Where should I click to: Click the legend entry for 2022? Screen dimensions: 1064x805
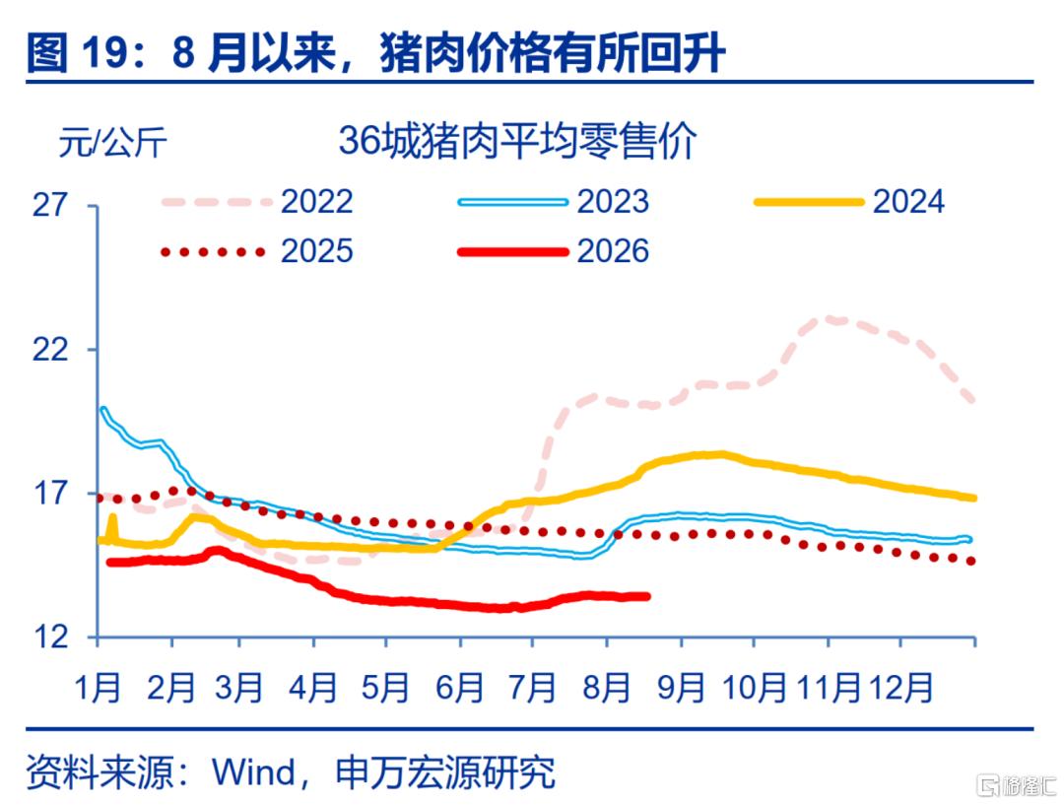[257, 202]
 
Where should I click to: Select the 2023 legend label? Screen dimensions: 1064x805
[554, 202]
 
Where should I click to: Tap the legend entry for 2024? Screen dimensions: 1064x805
[849, 202]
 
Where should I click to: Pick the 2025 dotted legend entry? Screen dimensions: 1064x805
[257, 252]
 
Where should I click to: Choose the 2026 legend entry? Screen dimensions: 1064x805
[554, 252]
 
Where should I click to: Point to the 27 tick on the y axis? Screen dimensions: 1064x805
[50, 204]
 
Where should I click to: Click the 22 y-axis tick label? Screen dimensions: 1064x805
[50, 350]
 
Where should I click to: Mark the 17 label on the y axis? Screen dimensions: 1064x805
[50, 494]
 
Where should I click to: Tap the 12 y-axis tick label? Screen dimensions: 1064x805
[50, 637]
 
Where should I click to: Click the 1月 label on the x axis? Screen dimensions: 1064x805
[98, 688]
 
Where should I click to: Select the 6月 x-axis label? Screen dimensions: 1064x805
[459, 688]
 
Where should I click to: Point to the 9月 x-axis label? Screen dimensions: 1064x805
[681, 688]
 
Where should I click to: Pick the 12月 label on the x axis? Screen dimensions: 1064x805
[899, 688]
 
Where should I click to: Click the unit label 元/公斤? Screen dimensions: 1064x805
[112, 143]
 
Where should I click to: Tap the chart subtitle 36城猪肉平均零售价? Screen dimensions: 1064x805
[517, 141]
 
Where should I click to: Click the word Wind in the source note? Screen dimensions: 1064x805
[254, 771]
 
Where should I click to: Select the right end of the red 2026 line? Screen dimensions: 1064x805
[647, 596]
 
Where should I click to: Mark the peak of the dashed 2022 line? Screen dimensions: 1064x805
[831, 317]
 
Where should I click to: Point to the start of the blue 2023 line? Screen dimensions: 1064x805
[102, 409]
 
